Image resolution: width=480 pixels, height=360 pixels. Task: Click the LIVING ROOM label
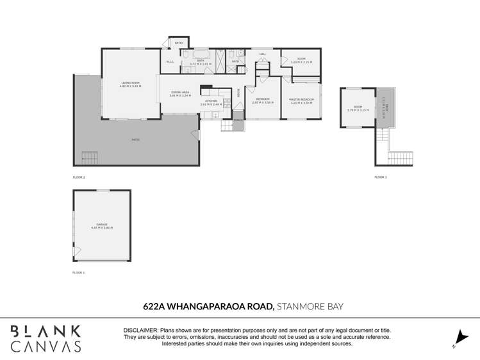point(130,84)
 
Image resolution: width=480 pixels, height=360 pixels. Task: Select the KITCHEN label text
point(211,101)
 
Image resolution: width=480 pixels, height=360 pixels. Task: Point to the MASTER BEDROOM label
point(301,100)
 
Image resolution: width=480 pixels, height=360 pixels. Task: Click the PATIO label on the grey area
point(135,140)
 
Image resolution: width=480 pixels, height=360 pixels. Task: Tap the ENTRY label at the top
point(179,43)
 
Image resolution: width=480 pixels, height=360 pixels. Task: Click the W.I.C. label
point(170,62)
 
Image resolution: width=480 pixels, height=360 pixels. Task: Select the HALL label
point(262,54)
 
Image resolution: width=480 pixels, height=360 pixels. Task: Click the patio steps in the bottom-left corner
point(89,158)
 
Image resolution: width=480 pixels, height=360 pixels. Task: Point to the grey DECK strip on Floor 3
point(383,108)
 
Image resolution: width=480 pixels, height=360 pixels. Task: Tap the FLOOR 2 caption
point(79,177)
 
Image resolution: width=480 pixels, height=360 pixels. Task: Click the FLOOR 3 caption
point(381,177)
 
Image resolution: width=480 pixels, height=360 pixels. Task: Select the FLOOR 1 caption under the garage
point(78,272)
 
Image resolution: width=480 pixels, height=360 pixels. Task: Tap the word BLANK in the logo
point(46,331)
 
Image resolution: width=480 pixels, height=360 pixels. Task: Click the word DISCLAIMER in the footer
point(140,330)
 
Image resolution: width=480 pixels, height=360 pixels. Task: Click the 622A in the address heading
point(153,307)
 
